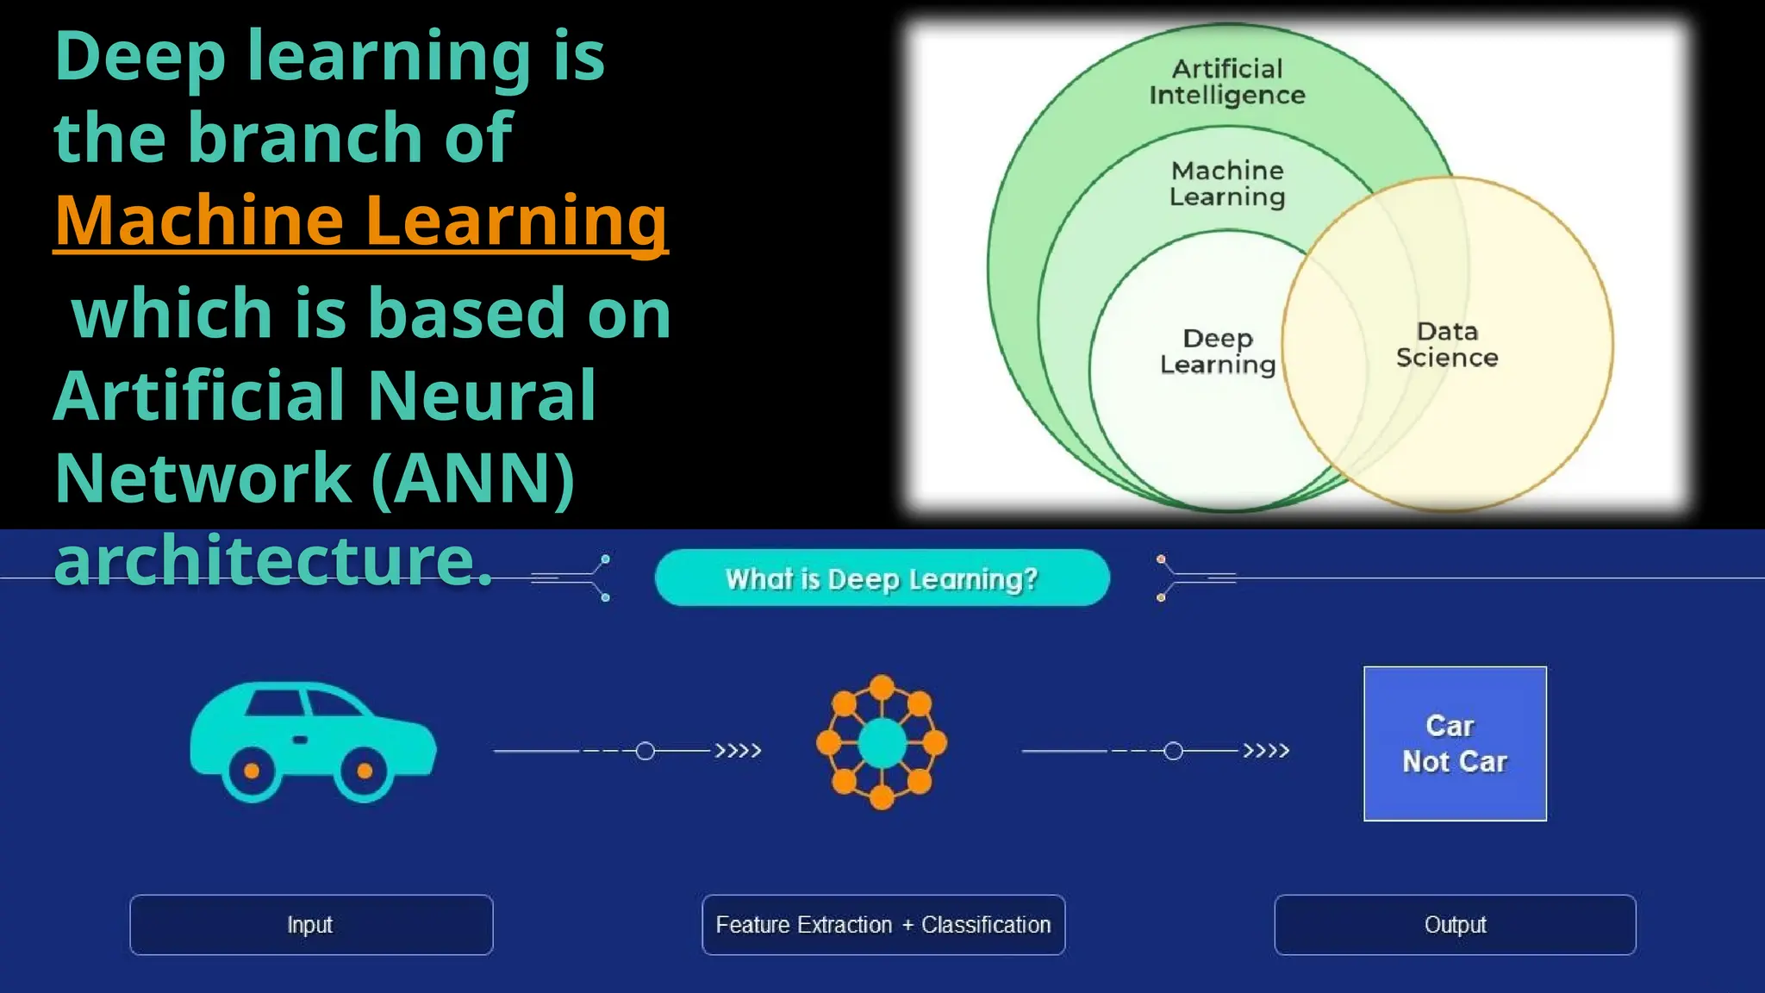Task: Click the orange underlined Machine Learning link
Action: (x=360, y=221)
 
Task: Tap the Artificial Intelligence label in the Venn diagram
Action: (x=1227, y=82)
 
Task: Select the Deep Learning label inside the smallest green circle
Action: (x=1217, y=351)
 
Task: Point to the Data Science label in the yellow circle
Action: (x=1447, y=344)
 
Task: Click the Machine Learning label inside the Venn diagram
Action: (x=1227, y=184)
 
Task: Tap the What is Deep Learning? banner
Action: (x=882, y=578)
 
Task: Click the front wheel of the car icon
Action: (x=365, y=771)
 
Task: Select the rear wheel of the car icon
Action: (x=252, y=771)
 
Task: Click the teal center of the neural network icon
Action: (x=882, y=743)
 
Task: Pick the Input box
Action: (x=311, y=925)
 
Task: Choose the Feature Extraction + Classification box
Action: (x=883, y=925)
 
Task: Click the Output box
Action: (x=1455, y=925)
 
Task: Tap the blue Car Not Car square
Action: (x=1455, y=743)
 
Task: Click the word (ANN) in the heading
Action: (x=473, y=478)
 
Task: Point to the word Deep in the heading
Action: (x=140, y=57)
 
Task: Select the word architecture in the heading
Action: (x=271, y=560)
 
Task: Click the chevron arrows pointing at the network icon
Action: (x=739, y=751)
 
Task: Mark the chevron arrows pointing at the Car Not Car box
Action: (x=1266, y=751)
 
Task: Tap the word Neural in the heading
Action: (x=482, y=396)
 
